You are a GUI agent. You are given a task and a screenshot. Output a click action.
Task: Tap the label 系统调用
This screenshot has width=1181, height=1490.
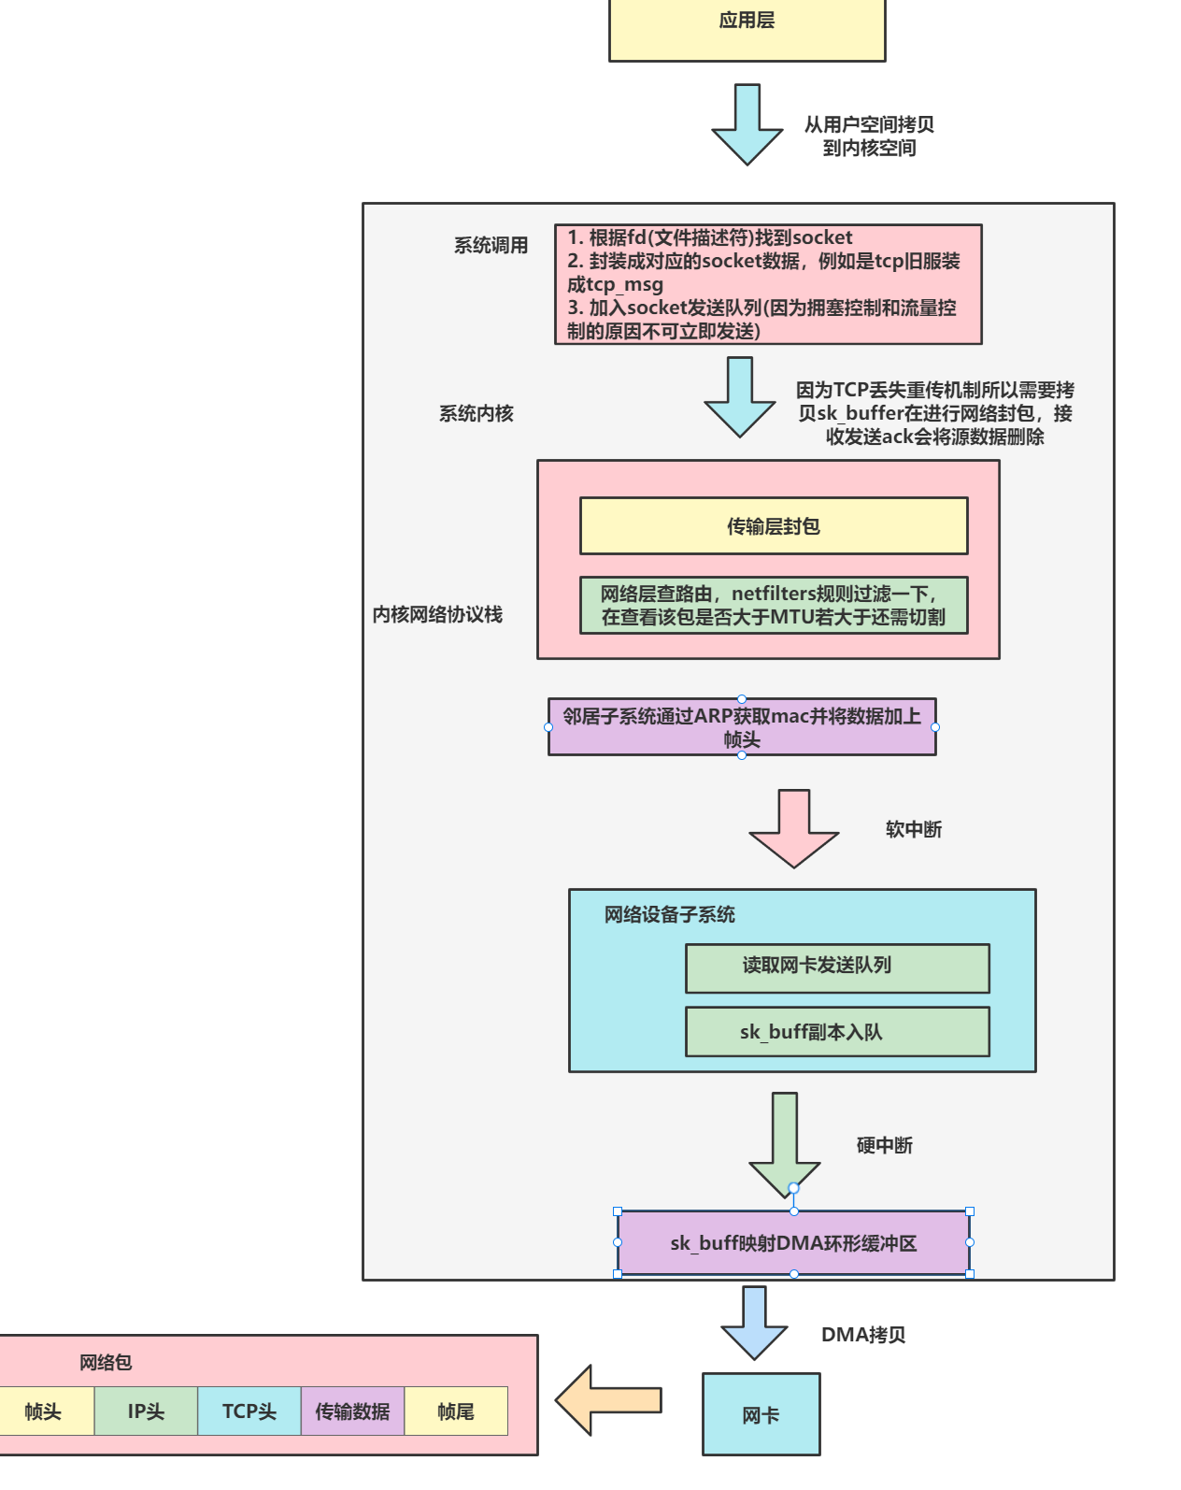pos(491,245)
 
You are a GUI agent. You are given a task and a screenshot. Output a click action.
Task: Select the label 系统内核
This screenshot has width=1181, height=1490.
pos(476,413)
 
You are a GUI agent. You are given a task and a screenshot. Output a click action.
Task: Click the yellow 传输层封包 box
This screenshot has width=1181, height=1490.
pos(773,526)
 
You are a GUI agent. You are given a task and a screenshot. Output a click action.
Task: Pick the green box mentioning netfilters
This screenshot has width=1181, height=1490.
pos(773,606)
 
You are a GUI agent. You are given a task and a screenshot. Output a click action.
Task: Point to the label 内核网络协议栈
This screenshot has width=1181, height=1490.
pos(437,614)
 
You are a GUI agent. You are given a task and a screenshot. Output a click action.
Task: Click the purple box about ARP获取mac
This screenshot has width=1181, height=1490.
pos(741,727)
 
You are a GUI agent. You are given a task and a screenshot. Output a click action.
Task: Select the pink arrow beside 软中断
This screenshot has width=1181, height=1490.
pos(793,827)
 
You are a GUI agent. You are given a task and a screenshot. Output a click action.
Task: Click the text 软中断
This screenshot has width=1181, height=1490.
pos(913,829)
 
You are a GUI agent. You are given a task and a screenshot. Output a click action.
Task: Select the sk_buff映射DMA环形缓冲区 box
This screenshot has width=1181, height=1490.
pos(793,1243)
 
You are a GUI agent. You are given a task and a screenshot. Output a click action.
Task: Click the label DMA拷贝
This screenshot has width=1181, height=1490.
pos(862,1335)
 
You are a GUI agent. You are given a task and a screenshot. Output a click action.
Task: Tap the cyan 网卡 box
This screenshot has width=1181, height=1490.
pos(761,1414)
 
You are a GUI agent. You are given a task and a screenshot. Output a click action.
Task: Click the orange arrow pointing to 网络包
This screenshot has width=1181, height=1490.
pos(610,1399)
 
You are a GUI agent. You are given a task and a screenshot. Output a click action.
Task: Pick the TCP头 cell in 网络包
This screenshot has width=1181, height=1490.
pos(249,1411)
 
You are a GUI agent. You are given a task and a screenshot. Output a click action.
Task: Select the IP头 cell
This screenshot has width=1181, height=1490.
pos(146,1411)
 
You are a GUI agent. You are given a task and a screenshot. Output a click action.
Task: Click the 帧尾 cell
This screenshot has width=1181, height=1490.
pos(455,1411)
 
